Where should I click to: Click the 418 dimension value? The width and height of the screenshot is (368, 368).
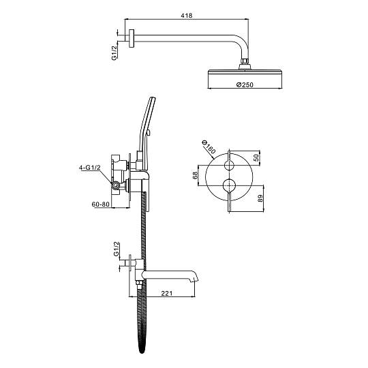click(x=187, y=16)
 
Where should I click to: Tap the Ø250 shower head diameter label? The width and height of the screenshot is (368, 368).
click(x=245, y=85)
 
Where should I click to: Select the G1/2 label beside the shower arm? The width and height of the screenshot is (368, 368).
click(x=114, y=52)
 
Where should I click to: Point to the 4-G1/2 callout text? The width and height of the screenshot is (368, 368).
click(x=89, y=168)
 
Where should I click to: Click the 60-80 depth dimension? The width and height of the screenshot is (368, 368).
click(x=100, y=204)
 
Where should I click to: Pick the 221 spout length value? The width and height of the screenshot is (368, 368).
click(x=167, y=293)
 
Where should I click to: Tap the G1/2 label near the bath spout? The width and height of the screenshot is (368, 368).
click(x=117, y=249)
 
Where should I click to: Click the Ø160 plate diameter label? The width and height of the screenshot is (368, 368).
click(x=209, y=147)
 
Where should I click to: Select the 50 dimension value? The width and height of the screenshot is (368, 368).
click(x=256, y=157)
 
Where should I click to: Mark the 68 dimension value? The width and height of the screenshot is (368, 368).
click(x=196, y=176)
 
